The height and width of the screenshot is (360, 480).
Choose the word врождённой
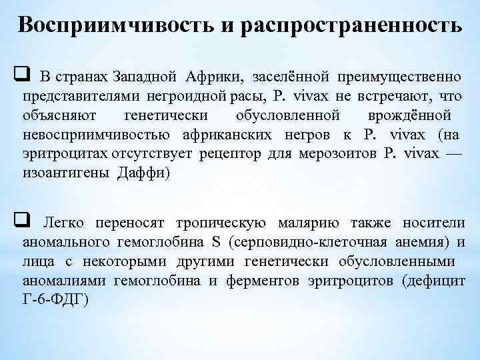[x=409, y=115]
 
